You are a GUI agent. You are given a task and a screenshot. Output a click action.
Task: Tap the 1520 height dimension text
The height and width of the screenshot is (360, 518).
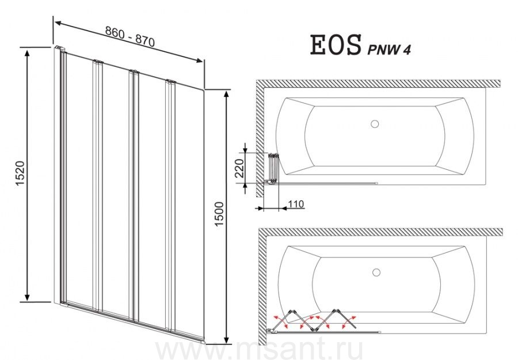pos(21,173)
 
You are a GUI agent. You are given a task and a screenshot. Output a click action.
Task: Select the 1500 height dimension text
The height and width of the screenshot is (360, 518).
pos(219,214)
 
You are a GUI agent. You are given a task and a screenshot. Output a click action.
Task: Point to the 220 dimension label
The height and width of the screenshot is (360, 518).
pos(240,168)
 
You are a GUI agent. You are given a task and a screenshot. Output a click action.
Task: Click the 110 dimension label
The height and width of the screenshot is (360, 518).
pos(296,204)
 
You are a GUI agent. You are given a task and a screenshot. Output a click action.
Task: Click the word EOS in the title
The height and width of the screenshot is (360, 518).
pos(336,46)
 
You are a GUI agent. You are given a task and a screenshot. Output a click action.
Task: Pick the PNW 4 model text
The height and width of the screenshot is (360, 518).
pos(389,50)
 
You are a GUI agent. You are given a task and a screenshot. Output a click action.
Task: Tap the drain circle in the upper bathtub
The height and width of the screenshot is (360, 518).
pos(374,124)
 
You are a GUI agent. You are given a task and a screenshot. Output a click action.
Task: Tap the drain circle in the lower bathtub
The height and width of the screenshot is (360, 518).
pos(376,272)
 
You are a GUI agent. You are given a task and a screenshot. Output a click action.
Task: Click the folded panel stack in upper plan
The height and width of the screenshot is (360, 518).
pos(273,168)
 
